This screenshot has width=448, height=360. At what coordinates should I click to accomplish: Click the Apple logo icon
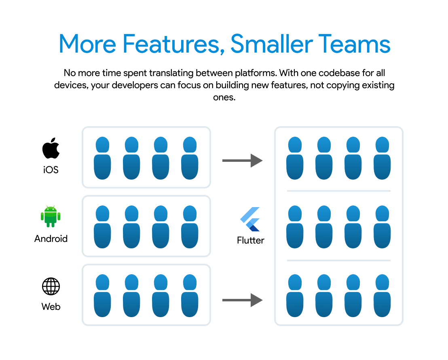51,149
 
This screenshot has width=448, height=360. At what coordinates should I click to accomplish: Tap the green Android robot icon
51,217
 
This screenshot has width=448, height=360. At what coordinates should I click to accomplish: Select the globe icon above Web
51,286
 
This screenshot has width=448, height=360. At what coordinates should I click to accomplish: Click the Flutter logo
250,219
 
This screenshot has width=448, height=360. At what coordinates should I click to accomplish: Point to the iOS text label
51,169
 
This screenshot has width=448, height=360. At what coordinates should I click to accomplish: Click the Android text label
51,239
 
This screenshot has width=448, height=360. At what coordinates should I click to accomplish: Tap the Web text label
51,307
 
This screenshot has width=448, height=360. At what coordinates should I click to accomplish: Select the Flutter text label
251,240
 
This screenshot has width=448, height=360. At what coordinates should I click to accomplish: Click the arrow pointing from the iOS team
243,161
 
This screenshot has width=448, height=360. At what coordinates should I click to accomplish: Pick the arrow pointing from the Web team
243,300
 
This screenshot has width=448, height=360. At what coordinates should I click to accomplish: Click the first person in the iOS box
102,158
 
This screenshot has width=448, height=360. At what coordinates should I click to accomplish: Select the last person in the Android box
190,227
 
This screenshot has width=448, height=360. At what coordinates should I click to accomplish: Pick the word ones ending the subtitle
224,97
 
